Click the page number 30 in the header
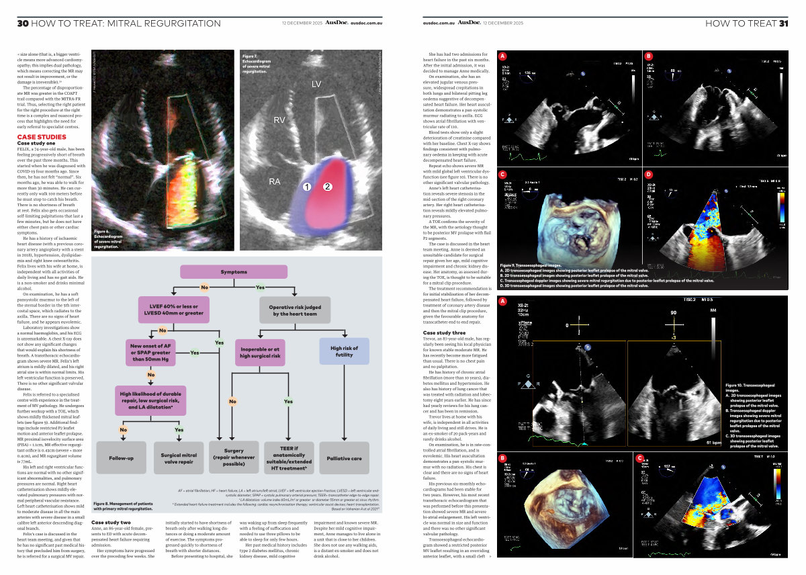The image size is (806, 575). coord(22,24)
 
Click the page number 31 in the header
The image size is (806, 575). coord(783,24)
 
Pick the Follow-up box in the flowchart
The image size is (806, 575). coord(121,457)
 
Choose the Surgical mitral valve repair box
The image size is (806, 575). coord(179,457)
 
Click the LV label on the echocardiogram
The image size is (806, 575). coord(317,84)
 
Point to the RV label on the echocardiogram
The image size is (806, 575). coord(280,120)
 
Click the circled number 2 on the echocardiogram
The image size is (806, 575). coord(328,187)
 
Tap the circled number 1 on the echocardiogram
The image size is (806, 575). coord(306,187)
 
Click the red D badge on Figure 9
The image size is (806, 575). coord(649,175)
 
